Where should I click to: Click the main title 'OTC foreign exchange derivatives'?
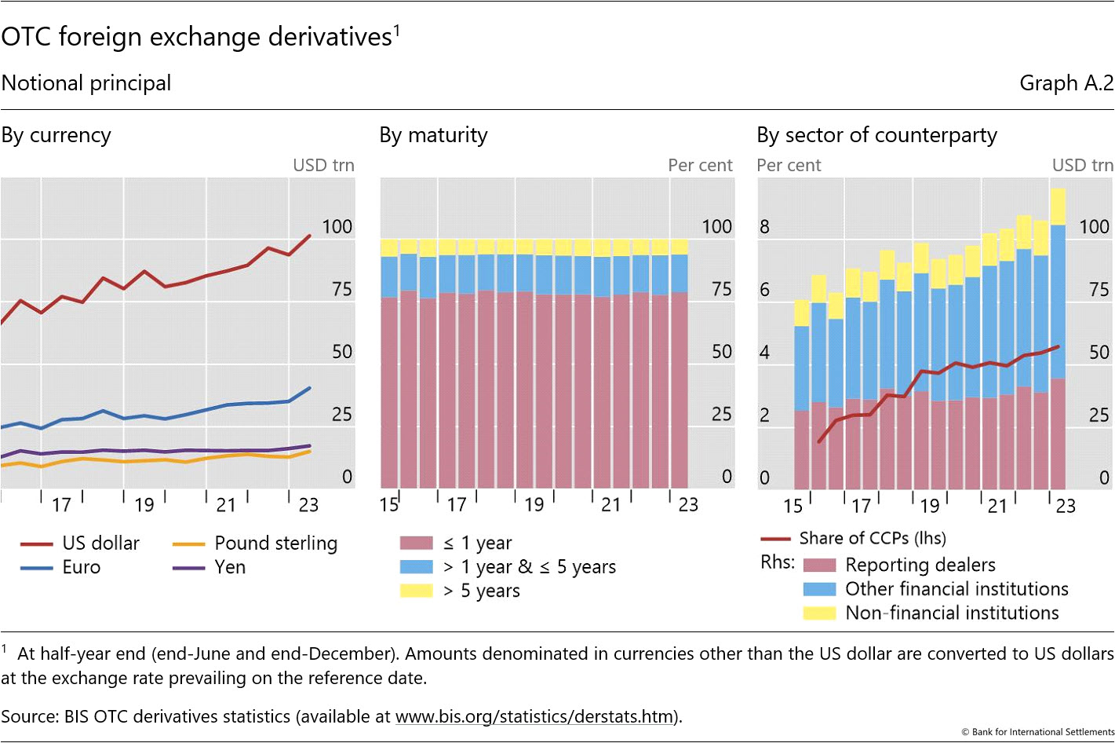coord(196,37)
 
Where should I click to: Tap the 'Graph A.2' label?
coord(1066,83)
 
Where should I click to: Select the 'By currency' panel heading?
coord(56,135)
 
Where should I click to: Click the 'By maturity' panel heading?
coord(433,135)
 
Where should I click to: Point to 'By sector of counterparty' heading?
coord(876,135)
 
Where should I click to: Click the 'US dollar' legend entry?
coord(100,544)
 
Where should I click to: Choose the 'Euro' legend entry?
coord(82,567)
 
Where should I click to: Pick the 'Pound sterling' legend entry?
coord(275,544)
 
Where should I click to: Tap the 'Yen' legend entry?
coord(230,567)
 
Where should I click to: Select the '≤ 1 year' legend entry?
coord(477,543)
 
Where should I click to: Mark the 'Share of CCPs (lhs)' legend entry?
coord(872,538)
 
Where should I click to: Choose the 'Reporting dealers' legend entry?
coord(920,565)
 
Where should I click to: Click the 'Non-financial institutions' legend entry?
coord(952,613)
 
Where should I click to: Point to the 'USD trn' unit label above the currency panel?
coord(323,165)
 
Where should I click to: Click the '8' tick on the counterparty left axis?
coord(764,227)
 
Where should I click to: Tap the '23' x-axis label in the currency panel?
coord(308,505)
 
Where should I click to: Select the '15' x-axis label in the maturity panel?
coord(389,505)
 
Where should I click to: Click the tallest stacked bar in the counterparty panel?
coord(1058,338)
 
